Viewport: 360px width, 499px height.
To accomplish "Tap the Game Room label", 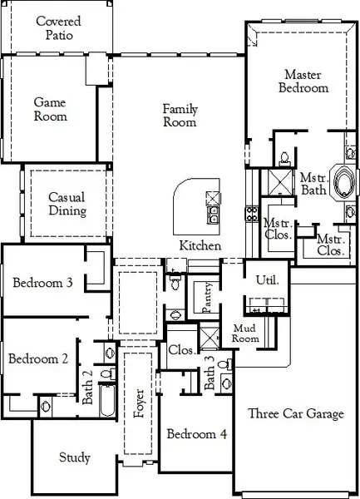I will (x=50, y=109).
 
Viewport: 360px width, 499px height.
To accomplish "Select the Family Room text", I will (x=180, y=116).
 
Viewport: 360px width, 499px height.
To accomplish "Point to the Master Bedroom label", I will (x=303, y=81).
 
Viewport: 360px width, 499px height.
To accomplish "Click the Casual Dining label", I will (x=67, y=204).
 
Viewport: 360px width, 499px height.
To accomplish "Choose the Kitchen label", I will (x=200, y=246).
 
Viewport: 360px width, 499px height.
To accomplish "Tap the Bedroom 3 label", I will (x=43, y=284).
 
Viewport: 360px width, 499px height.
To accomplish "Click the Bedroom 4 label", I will (x=197, y=433).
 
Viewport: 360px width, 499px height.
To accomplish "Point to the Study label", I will (x=75, y=458).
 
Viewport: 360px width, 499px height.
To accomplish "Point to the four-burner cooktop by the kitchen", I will (x=251, y=212).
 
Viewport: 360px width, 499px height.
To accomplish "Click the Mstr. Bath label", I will (x=313, y=184).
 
